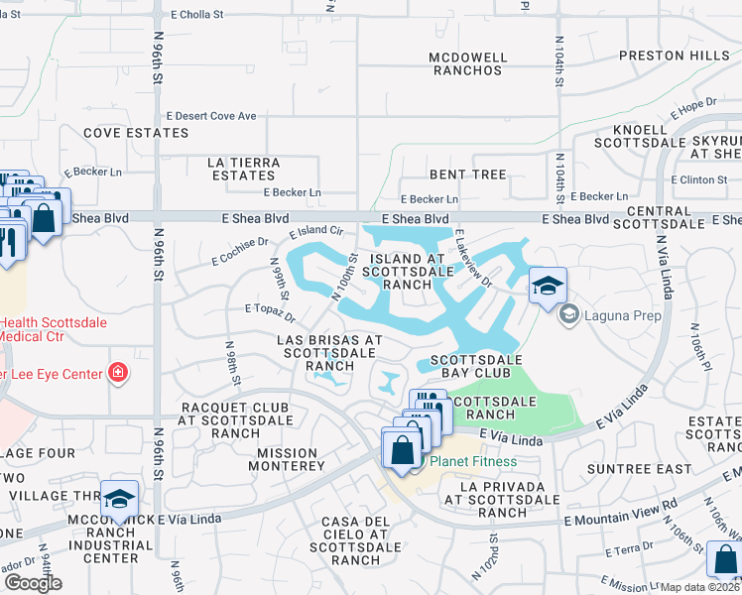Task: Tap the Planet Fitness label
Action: click(x=473, y=461)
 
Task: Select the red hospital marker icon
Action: click(x=118, y=373)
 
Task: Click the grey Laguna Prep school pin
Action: click(x=568, y=316)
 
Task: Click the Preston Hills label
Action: click(x=682, y=56)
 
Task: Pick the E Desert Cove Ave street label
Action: click(x=211, y=116)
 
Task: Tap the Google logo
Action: click(x=33, y=582)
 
